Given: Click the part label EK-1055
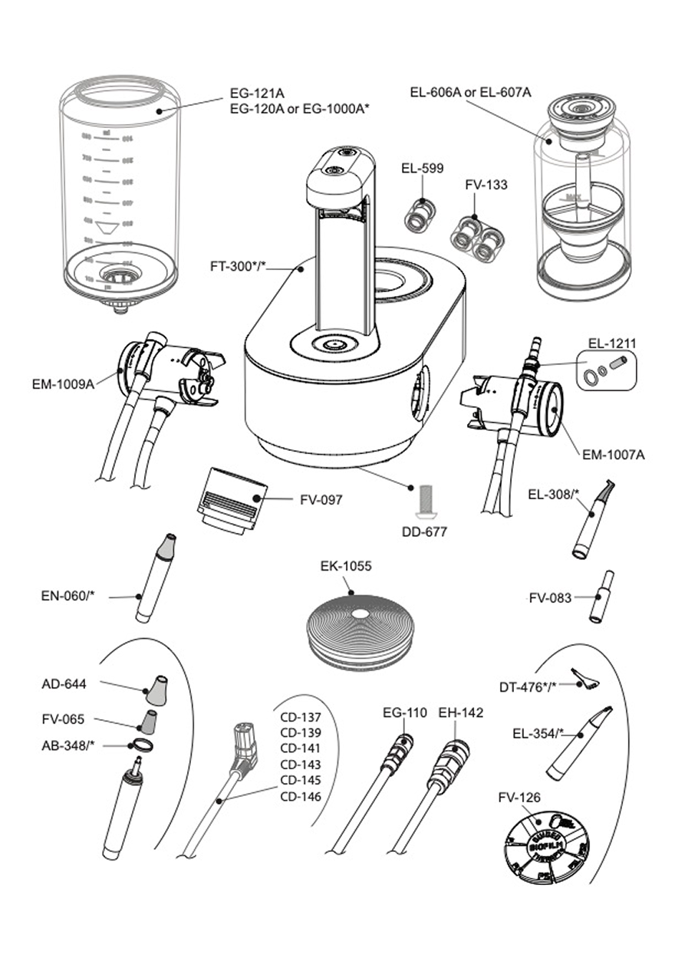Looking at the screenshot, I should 345,567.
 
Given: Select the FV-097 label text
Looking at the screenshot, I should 321,500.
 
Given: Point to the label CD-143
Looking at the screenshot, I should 301,765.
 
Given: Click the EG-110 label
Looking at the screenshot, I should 405,713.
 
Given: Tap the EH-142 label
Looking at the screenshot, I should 461,713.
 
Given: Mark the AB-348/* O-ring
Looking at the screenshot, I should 141,745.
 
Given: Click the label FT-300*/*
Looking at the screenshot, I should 238,268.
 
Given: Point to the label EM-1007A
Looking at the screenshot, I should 614,455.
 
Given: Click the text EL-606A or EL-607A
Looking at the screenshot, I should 470,93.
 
